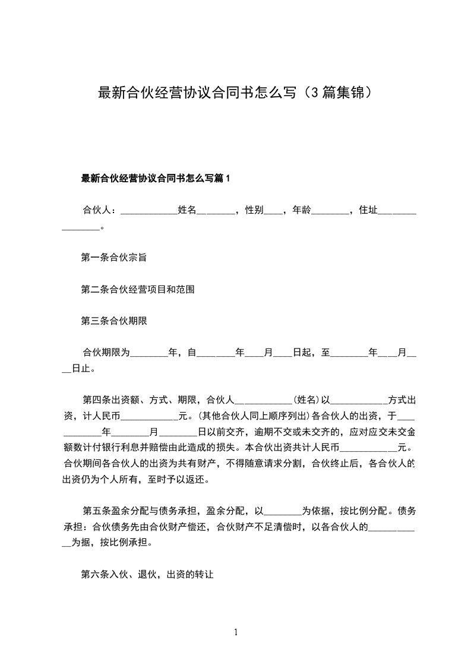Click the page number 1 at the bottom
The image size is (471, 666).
pos(236,632)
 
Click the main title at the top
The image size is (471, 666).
pos(235,93)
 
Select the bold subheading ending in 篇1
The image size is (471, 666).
pos(155,178)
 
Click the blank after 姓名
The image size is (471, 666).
pos(216,211)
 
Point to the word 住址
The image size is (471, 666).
pos(368,210)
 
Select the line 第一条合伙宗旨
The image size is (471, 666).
pos(113,258)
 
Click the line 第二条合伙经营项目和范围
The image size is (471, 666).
pos(138,290)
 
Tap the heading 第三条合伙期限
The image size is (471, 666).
pos(113,321)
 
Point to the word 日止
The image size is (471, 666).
pos(82,369)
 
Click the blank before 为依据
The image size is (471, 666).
pos(283,511)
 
